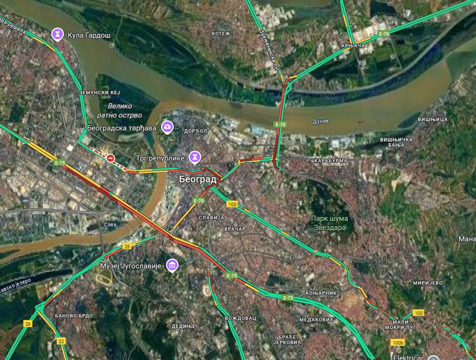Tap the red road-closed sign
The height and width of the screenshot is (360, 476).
(x=110, y=158)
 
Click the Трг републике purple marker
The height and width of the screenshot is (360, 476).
(x=194, y=157)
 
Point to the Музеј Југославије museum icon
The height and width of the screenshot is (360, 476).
(x=172, y=265)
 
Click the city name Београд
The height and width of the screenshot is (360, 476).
(x=197, y=179)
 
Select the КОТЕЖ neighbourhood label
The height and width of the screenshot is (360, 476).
(x=221, y=33)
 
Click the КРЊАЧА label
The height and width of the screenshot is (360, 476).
(x=353, y=46)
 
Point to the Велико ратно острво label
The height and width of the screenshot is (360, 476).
(x=120, y=111)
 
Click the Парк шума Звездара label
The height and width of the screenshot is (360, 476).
(x=329, y=223)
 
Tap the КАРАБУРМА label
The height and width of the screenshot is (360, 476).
(x=331, y=161)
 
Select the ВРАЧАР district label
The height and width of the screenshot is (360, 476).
(x=234, y=229)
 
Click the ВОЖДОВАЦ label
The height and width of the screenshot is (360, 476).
(x=241, y=318)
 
